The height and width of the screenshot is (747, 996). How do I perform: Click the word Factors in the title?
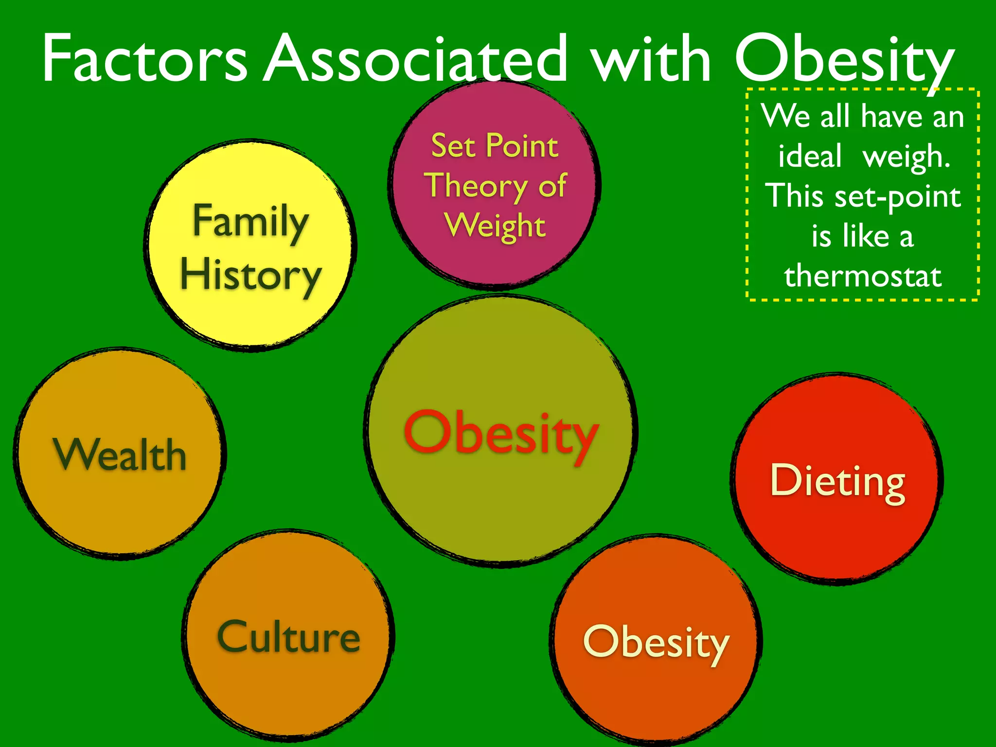(x=145, y=59)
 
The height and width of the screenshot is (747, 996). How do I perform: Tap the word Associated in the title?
(x=416, y=59)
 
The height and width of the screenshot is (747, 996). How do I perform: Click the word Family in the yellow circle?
(x=251, y=222)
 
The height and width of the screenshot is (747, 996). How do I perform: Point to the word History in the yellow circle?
(x=251, y=275)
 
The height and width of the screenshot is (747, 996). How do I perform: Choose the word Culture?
(x=289, y=637)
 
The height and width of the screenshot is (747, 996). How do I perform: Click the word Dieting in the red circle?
(x=837, y=481)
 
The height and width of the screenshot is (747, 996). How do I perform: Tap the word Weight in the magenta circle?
(x=495, y=226)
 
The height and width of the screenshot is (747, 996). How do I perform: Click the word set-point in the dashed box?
(x=898, y=197)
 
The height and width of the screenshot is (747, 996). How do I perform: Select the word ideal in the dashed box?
(x=810, y=157)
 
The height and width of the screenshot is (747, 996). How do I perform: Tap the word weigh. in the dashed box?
(x=907, y=158)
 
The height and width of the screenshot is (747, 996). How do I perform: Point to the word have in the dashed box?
(x=891, y=117)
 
